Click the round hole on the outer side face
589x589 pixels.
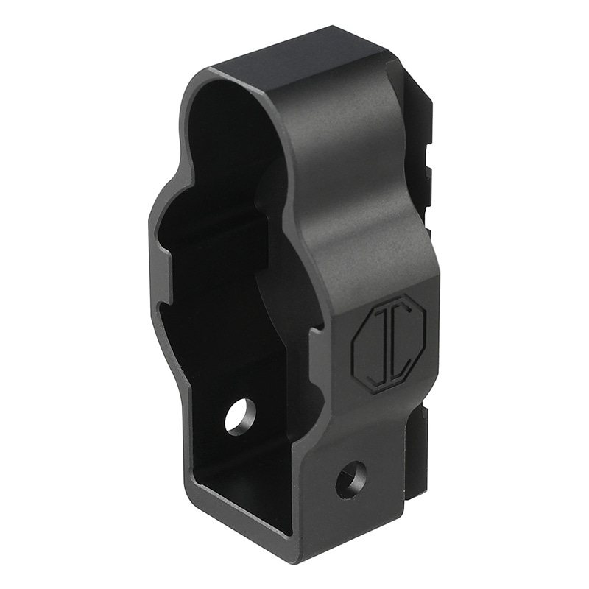(352, 478)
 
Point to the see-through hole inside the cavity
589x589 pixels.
(240, 417)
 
